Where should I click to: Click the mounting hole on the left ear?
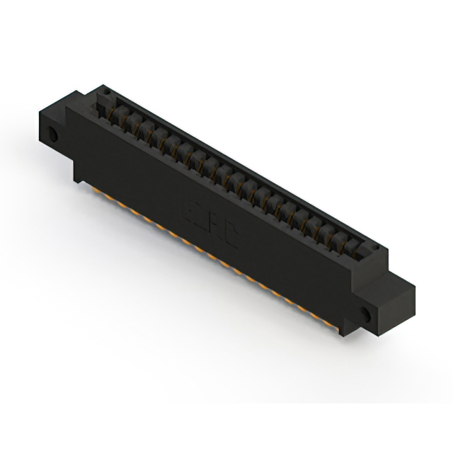52,135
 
